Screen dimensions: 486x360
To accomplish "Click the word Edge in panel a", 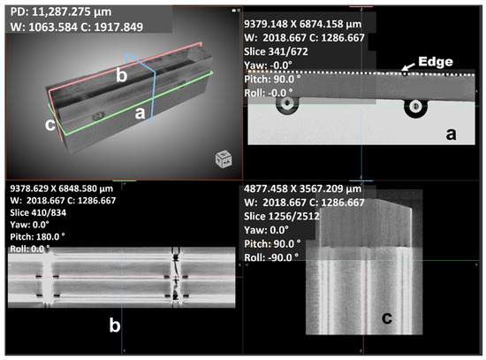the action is (x=435, y=61).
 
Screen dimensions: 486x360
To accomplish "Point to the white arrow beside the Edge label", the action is (x=408, y=66).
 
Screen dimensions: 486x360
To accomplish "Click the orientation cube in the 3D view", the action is (x=224, y=158).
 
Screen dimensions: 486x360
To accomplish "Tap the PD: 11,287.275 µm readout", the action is (x=61, y=11).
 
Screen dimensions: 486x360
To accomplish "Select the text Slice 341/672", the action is (x=276, y=51).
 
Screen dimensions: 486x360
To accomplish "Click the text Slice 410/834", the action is (x=38, y=212).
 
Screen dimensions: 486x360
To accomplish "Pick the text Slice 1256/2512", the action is (x=281, y=216).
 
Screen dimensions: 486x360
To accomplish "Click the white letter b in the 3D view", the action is (x=122, y=75).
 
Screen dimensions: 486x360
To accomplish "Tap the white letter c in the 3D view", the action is (x=50, y=125).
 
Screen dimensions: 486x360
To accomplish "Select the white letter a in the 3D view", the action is (x=140, y=113).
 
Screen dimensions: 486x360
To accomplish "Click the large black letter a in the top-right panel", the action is (x=451, y=134).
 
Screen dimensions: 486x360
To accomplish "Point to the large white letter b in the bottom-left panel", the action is (x=115, y=325).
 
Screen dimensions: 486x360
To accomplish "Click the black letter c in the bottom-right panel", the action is (x=387, y=318).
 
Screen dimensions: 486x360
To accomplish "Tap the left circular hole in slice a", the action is (x=287, y=103).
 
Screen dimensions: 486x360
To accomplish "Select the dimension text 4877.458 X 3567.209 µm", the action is (x=302, y=188).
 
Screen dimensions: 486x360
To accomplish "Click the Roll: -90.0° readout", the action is (x=271, y=257).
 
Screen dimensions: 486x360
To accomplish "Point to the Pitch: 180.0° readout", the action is (x=37, y=237).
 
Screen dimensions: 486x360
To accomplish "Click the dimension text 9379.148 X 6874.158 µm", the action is (x=302, y=24).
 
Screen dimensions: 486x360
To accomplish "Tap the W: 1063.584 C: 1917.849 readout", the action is (x=77, y=27).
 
